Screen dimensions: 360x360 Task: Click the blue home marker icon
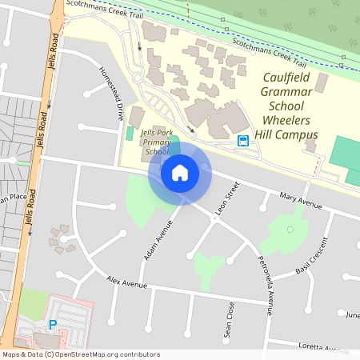tap(180, 172)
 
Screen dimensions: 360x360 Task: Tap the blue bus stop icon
tap(242, 141)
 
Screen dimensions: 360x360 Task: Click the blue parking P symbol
tap(53, 325)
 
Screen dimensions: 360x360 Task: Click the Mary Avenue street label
tap(301, 201)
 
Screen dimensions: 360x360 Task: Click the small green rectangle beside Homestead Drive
tap(130, 133)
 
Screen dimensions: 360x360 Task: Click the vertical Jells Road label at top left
tap(53, 53)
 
